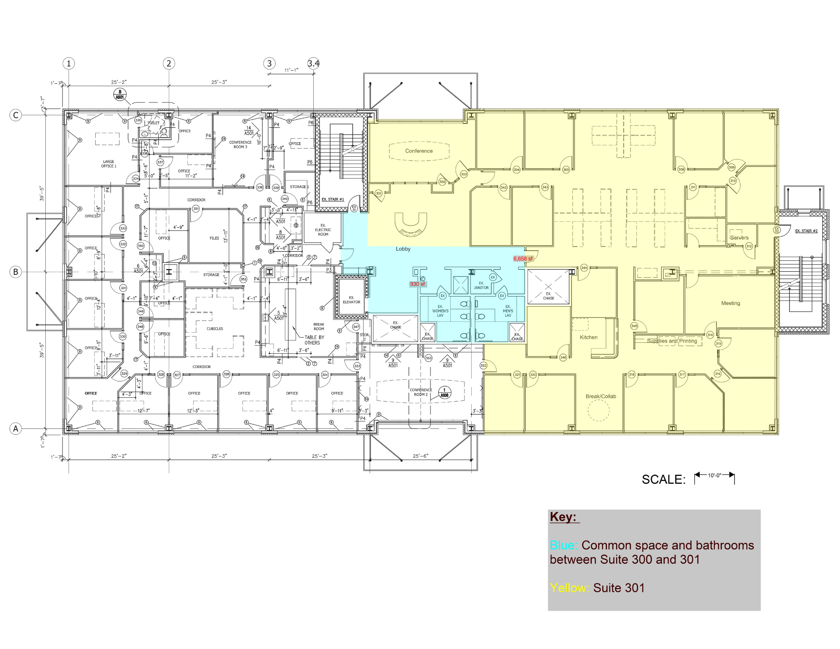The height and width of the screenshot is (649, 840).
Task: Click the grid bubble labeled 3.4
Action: click(313, 63)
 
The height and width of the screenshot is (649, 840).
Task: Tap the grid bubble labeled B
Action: click(16, 272)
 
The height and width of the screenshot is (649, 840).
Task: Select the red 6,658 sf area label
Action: click(523, 259)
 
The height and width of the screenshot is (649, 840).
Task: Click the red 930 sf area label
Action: click(417, 284)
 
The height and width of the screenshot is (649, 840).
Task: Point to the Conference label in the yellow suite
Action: click(419, 151)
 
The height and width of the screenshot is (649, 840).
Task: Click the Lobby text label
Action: click(403, 249)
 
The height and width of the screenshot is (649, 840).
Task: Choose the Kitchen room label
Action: click(588, 337)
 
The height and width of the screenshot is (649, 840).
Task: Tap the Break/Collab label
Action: click(601, 396)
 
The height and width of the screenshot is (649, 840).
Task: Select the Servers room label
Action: click(739, 238)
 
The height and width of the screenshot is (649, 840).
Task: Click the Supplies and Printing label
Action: click(672, 341)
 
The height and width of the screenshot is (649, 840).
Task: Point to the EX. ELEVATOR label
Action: click(352, 300)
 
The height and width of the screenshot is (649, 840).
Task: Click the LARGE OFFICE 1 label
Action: click(108, 164)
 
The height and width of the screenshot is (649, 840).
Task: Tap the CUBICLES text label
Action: click(215, 329)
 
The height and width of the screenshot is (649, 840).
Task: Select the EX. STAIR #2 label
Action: click(806, 231)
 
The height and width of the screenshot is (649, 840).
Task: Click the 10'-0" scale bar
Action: click(714, 476)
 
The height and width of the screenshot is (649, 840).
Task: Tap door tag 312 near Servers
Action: click(749, 246)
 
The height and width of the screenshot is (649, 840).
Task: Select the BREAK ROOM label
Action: click(319, 326)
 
